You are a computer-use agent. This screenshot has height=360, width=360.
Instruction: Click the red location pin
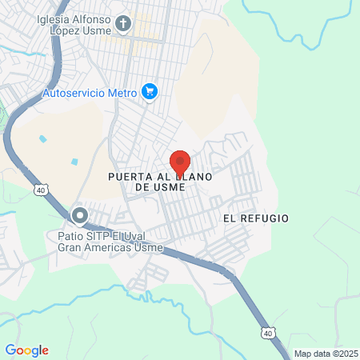click(180, 162)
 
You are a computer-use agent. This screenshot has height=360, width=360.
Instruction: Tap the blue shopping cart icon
click(149, 92)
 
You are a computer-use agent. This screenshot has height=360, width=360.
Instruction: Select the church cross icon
click(123, 23)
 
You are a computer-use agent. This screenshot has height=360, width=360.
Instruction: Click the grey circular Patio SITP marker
click(79, 215)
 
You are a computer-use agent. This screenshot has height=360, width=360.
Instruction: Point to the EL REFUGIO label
click(256, 218)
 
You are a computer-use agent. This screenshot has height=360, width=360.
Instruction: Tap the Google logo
click(26, 350)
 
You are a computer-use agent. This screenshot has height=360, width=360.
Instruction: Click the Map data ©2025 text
click(326, 353)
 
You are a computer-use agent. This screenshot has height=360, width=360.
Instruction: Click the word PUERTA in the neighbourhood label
click(129, 176)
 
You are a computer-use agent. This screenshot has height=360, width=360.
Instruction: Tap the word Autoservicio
click(71, 93)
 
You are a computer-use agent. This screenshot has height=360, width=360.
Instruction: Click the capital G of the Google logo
click(10, 350)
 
